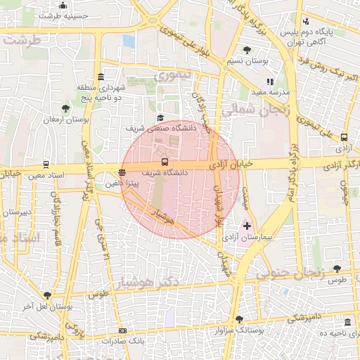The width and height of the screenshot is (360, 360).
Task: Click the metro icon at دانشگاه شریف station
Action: tap(165, 162)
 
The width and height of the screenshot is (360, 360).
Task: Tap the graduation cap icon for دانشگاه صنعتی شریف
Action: tap(160, 118)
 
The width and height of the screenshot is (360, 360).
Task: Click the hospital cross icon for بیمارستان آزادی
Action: tap(247, 226)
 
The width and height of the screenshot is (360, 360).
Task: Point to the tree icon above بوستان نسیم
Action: tap(247, 50)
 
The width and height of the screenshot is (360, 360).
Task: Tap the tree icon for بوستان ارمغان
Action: tap(65, 108)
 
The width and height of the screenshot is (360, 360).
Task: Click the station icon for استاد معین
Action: tap(46, 165)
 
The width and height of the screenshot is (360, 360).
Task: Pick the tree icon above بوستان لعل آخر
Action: tap(47, 295)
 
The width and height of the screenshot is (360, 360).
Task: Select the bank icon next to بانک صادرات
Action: tap(123, 330)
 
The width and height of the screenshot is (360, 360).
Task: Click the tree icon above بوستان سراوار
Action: tap(238, 319)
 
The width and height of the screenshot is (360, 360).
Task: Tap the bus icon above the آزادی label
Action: tap(344, 138)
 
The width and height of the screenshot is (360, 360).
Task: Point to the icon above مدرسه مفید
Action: tap(270, 82)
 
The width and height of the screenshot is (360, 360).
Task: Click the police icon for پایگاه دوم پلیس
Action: tap(305, 21)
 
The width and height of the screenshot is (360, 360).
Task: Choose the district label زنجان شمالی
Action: tap(250, 110)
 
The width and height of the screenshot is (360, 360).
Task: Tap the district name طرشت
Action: tap(22, 40)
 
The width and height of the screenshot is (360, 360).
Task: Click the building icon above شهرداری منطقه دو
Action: tap(101, 77)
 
